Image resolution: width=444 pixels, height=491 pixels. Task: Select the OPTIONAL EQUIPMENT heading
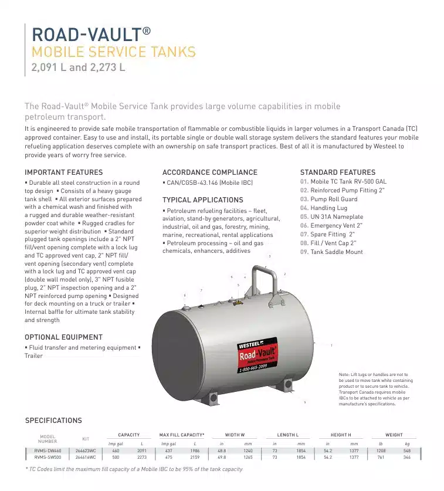tap(63, 337)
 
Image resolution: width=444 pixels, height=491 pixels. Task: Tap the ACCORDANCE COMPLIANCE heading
tap(209, 172)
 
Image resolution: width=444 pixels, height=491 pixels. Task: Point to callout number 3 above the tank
tap(269, 256)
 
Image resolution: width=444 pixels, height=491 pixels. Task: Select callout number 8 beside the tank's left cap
tap(185, 296)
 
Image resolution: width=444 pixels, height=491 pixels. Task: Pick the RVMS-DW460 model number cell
tap(48, 451)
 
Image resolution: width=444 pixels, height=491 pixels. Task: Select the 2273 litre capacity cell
tap(141, 456)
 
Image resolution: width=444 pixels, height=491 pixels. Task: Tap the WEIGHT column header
tap(394, 435)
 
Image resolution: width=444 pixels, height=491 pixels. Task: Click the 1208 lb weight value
tap(381, 451)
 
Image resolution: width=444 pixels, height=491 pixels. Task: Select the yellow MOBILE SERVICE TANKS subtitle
tap(113, 52)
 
